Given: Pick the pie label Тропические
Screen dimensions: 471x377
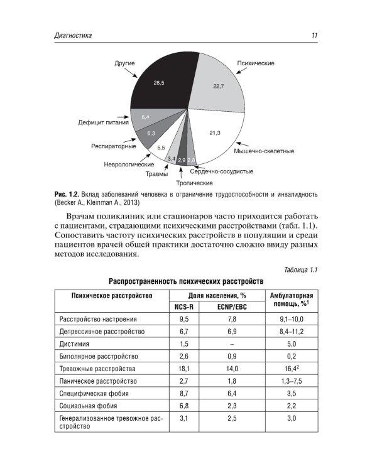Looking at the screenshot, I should (194, 183).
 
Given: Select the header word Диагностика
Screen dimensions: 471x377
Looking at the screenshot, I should (74, 36).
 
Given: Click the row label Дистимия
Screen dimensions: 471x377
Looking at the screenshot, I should (75, 344).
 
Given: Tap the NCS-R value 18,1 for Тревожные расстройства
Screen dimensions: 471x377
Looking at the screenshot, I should (184, 369).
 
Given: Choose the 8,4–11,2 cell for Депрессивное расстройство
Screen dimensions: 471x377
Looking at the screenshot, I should (291, 332).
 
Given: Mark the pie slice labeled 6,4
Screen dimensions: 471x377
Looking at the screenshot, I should (145, 117).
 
